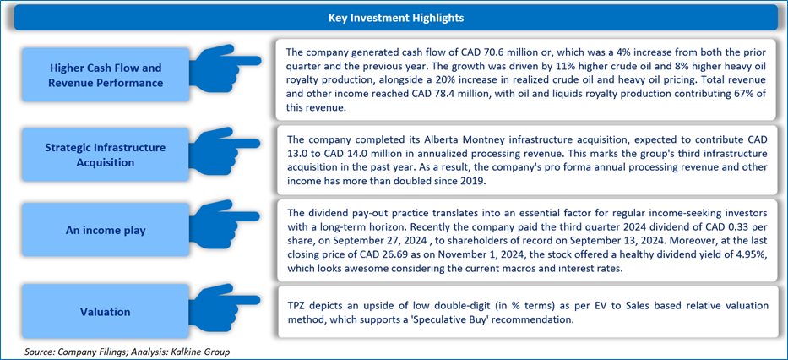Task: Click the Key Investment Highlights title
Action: [x=396, y=18]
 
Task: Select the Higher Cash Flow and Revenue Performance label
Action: [x=106, y=75]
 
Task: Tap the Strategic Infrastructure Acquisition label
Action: [x=106, y=155]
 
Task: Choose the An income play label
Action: [x=106, y=230]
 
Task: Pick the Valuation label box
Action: [x=106, y=311]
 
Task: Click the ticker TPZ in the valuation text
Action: [x=296, y=306]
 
